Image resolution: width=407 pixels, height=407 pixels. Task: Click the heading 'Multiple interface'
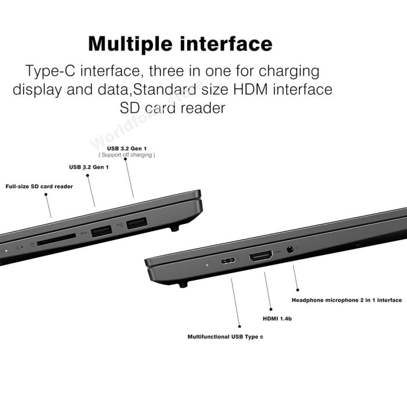click(x=180, y=44)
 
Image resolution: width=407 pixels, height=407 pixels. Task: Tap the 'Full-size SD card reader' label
click(x=39, y=187)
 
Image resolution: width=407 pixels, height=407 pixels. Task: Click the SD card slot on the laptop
click(x=56, y=239)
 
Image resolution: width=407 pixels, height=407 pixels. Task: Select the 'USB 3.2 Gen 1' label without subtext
click(x=89, y=167)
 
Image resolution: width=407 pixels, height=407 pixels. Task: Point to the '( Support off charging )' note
click(x=127, y=155)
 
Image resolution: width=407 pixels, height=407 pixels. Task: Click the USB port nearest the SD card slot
click(x=102, y=231)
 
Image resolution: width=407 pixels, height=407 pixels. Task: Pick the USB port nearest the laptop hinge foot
click(x=137, y=223)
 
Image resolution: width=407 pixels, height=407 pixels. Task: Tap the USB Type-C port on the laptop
click(x=228, y=260)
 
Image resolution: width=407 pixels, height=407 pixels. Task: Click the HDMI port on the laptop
click(x=261, y=256)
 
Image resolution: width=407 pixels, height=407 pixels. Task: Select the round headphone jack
click(x=290, y=249)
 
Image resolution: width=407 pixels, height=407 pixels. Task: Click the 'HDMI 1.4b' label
click(x=277, y=319)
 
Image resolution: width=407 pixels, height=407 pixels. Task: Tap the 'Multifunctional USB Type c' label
click(x=226, y=337)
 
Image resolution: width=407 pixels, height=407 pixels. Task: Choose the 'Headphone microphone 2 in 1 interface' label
click(x=347, y=300)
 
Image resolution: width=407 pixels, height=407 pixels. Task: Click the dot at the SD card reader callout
click(x=46, y=194)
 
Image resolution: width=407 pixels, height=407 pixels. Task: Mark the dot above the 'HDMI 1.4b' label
click(x=271, y=309)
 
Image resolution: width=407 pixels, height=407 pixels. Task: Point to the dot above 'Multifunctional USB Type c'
click(x=240, y=327)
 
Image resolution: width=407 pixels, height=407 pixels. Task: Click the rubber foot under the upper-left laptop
click(x=174, y=229)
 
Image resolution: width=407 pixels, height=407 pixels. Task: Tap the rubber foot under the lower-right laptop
click(x=183, y=285)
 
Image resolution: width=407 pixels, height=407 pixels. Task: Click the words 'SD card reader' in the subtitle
click(x=172, y=108)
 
